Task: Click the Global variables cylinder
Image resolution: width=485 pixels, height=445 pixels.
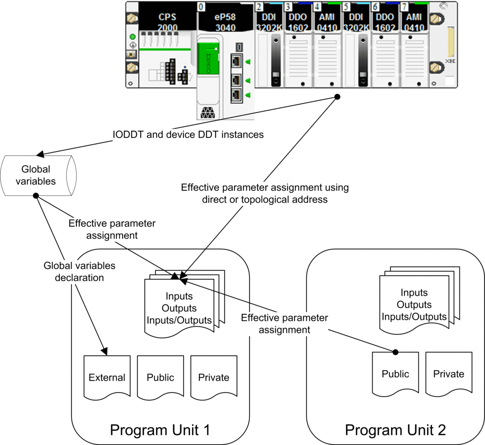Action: point(38,176)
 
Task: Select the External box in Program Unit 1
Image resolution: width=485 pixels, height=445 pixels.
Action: point(107,377)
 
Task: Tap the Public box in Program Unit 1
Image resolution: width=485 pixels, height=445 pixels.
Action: point(160,377)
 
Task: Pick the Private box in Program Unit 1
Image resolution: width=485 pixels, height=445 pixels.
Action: point(214,377)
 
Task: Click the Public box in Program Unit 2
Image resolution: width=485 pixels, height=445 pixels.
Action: point(396,374)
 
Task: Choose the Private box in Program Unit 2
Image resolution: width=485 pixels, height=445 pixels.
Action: point(449,374)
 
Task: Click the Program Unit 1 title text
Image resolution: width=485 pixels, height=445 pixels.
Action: point(160,430)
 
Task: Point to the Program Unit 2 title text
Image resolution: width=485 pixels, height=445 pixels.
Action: point(396,430)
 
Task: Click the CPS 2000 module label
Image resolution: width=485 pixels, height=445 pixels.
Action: point(167,22)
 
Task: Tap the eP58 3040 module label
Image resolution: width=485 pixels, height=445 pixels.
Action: point(225,22)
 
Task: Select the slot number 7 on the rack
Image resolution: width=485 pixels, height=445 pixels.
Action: point(404,6)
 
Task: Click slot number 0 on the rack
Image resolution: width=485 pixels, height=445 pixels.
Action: point(201,6)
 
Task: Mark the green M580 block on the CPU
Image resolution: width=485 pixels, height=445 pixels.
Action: point(208,59)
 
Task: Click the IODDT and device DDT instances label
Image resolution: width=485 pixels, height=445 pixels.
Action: point(188,134)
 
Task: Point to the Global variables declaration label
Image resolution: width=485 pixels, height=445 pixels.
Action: point(80,271)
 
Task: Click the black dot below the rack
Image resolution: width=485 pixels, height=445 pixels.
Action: point(338,97)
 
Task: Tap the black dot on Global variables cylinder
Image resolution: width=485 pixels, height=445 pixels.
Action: point(36,195)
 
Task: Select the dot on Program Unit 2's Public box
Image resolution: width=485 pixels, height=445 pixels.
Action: point(396,352)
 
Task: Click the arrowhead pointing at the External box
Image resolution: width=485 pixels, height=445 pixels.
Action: point(104,351)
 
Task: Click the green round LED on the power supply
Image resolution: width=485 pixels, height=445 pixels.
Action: point(133,37)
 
